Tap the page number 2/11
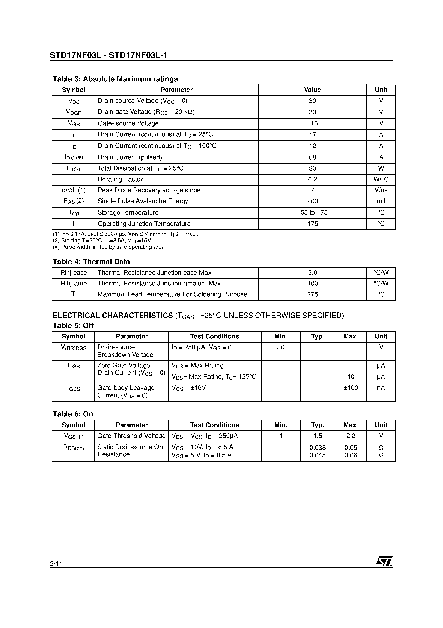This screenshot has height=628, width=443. [56, 564]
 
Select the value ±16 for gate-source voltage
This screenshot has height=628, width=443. [312, 123]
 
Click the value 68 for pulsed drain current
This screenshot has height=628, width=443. [312, 157]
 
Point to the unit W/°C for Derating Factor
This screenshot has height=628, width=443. [381, 179]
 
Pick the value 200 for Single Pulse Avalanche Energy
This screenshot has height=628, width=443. [312, 201]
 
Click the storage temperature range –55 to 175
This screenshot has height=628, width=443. [312, 213]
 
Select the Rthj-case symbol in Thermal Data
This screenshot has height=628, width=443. [74, 273]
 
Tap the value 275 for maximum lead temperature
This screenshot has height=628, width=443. [312, 294]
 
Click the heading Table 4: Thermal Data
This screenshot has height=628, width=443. [91, 262]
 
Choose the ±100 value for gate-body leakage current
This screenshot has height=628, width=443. [350, 388]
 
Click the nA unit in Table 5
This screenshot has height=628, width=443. [381, 388]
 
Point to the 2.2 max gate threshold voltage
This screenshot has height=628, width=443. [350, 436]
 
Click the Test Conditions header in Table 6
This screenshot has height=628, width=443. [214, 425]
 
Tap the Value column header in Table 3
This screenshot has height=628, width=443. [312, 90]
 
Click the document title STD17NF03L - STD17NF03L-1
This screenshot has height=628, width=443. [108, 56]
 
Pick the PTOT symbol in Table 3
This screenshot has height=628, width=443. [74, 169]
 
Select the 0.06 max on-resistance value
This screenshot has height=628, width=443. [350, 455]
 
